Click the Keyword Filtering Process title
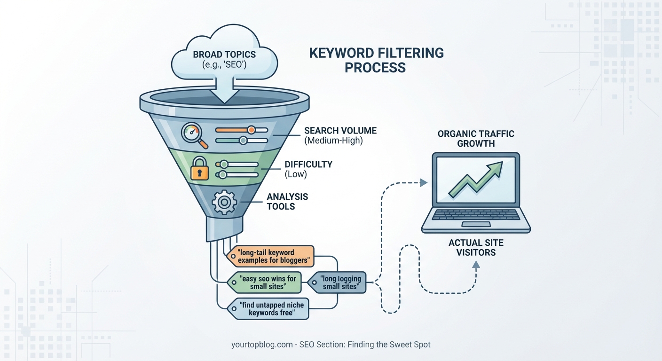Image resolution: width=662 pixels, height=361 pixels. (376, 60)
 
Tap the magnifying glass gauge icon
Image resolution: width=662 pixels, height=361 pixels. (193, 135)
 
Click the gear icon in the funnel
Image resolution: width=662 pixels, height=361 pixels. (224, 202)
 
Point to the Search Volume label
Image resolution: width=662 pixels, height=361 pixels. (340, 135)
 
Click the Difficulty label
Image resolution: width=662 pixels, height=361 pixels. (308, 169)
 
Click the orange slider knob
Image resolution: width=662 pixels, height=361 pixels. (251, 130)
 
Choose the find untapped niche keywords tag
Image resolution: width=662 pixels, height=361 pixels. (269, 308)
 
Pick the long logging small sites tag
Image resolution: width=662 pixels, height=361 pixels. (339, 283)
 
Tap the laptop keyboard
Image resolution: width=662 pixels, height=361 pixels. (475, 214)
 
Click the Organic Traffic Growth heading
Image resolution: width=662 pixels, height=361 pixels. (476, 138)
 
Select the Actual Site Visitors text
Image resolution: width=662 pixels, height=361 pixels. (476, 247)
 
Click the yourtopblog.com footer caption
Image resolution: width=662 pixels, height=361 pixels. (331, 345)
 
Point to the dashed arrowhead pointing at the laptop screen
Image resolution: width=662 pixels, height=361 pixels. (424, 182)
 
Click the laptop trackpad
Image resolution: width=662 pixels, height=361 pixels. (476, 224)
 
